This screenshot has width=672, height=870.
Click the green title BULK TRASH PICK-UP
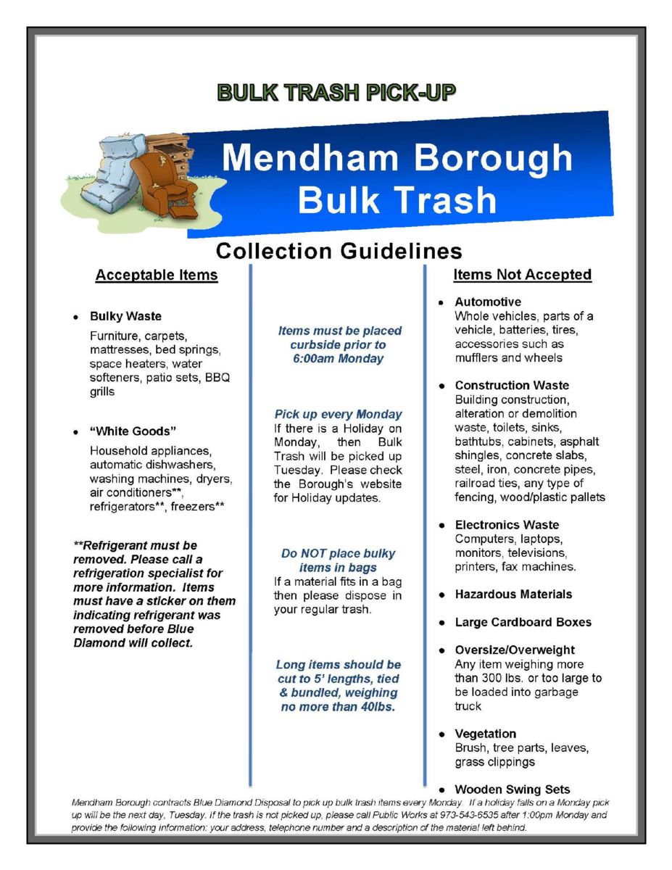[336, 93]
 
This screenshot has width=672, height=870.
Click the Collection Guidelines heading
[339, 251]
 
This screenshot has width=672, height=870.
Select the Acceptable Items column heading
[157, 275]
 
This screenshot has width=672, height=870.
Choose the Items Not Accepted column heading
[522, 275]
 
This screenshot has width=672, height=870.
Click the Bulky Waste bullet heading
[125, 316]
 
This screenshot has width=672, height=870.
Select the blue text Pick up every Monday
[338, 414]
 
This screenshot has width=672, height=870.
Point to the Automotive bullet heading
[488, 302]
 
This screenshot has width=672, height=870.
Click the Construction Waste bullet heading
[512, 385]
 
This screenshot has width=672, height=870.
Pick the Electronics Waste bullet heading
[507, 524]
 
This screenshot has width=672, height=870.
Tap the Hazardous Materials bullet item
[513, 594]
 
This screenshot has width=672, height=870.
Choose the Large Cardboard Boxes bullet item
[523, 622]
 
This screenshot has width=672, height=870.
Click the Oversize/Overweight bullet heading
[515, 650]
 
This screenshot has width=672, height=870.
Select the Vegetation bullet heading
[486, 734]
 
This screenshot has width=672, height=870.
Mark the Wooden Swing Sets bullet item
[513, 790]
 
